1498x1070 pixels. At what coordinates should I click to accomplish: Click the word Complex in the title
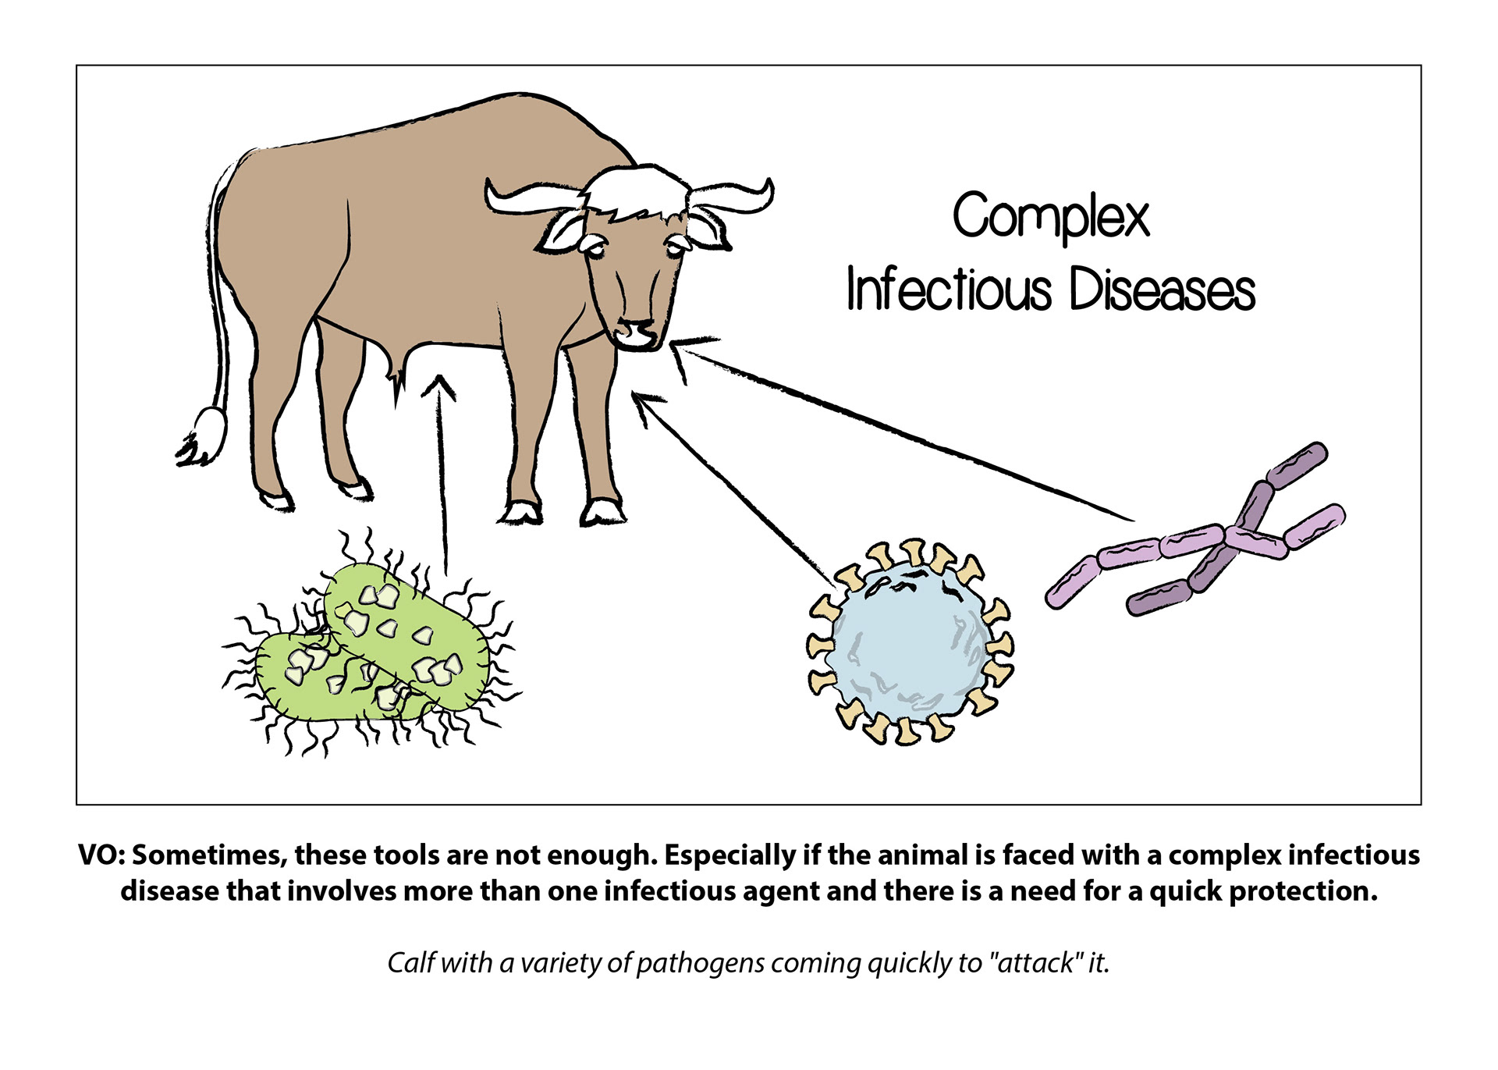click(1050, 216)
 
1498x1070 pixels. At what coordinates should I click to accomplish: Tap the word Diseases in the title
click(1162, 290)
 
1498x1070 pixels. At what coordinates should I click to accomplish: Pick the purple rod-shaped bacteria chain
click(1202, 539)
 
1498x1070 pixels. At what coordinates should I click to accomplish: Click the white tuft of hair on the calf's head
click(636, 192)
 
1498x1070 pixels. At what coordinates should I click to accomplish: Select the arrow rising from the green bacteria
click(443, 468)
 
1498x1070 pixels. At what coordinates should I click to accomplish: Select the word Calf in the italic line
click(411, 963)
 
